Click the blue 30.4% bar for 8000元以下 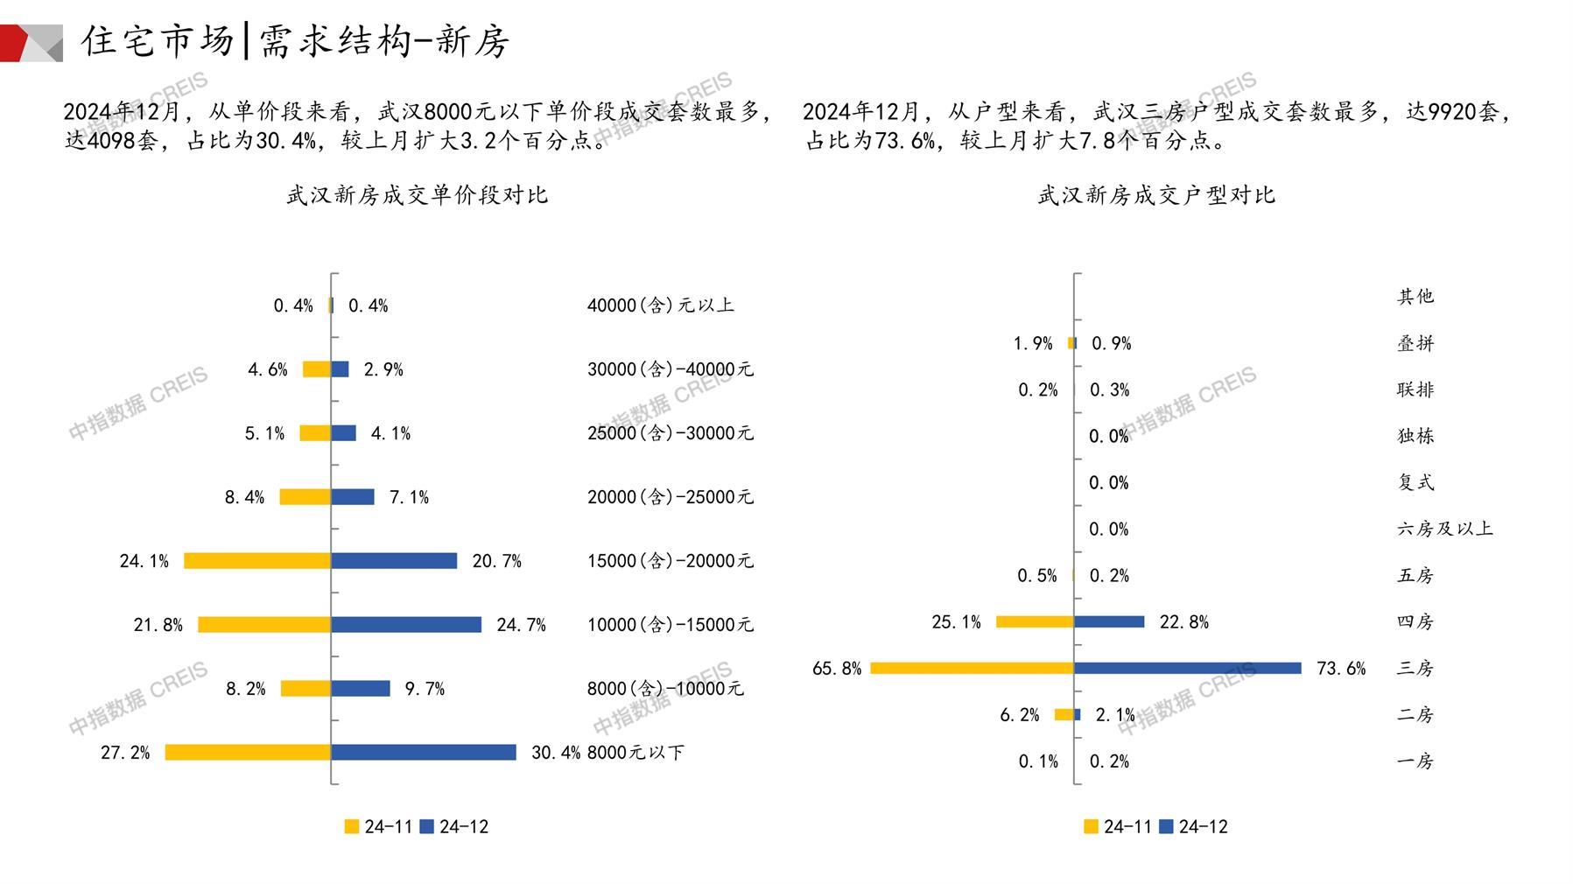coord(424,752)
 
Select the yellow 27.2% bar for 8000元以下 coord(248,752)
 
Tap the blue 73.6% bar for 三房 coord(1188,668)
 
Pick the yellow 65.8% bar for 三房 coord(972,668)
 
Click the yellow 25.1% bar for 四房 coord(1035,621)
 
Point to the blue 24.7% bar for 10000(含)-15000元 coord(406,624)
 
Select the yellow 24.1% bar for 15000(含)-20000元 coord(257,560)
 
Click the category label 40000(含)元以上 coord(660,305)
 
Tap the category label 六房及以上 coord(1444,529)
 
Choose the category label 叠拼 coord(1415,343)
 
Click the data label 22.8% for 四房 coord(1183,622)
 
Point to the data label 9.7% coord(425,689)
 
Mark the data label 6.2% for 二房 coord(1019,715)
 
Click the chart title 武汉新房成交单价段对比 coord(417,195)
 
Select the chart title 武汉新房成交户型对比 coord(1156,195)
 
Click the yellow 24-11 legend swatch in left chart coord(352,826)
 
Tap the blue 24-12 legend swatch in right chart coord(1166,826)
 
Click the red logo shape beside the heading coord(16,43)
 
